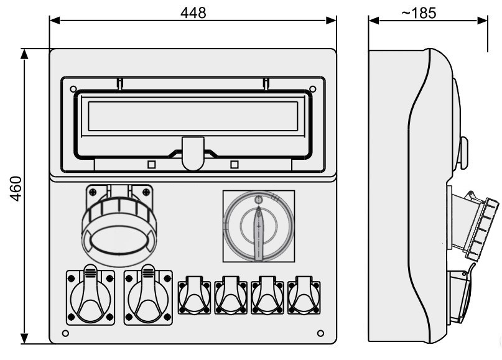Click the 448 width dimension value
point(193,12)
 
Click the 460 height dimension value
point(16,196)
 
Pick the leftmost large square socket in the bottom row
point(90,297)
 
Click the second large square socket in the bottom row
point(148,297)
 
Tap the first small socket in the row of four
point(195,296)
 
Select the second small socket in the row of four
point(231,296)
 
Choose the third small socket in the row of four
point(268,296)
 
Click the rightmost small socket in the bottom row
point(304,296)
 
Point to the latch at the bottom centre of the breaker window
point(193,152)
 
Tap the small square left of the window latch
point(151,164)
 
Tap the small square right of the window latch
point(235,164)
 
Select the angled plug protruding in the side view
point(476,227)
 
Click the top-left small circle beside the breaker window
point(73,89)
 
